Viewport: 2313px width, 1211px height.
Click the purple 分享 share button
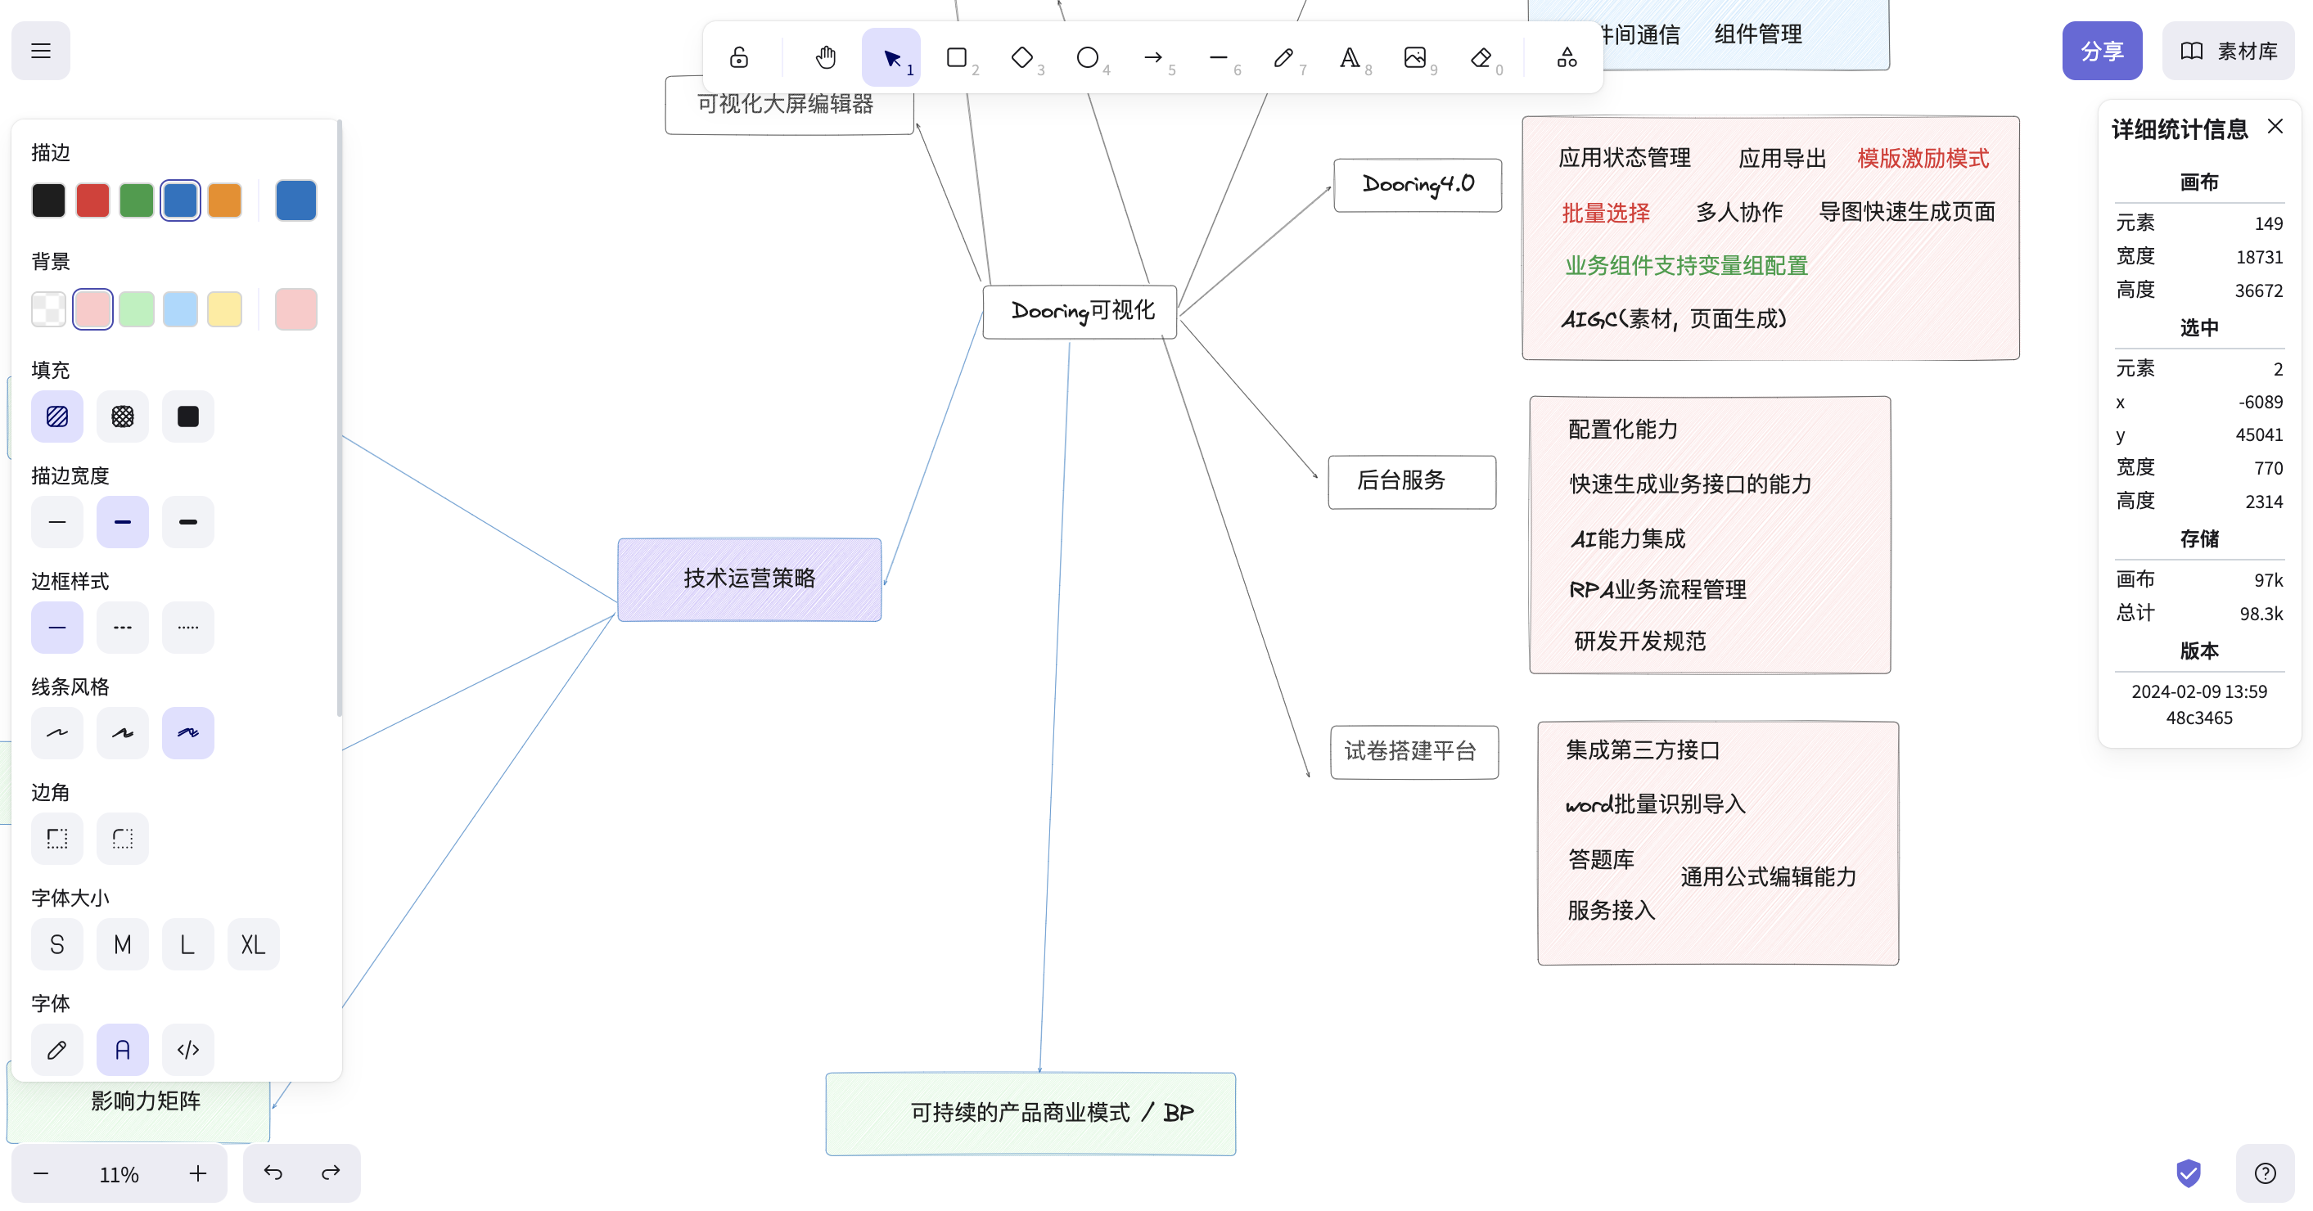(x=2101, y=52)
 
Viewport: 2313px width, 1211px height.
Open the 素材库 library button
(x=2228, y=52)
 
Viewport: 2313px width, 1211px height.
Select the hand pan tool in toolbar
(x=825, y=58)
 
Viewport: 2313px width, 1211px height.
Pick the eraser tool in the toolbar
(x=1481, y=58)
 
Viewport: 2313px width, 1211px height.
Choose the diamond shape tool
(x=1021, y=58)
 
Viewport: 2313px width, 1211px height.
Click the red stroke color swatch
(x=92, y=200)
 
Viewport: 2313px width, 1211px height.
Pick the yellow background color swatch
(x=224, y=310)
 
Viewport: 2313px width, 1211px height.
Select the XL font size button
(x=253, y=944)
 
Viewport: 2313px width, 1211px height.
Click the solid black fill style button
(x=187, y=416)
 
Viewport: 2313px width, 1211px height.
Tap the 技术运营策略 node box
(x=749, y=579)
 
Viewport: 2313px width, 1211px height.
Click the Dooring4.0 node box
(x=1417, y=185)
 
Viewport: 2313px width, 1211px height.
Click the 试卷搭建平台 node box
(x=1413, y=751)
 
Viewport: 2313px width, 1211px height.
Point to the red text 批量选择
(x=1606, y=213)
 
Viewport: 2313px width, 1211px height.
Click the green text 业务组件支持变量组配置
(x=1685, y=266)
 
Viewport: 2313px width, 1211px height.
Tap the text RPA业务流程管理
(x=1657, y=590)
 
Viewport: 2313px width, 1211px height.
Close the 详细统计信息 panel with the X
(x=2275, y=127)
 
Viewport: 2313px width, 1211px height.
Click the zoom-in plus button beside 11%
(x=197, y=1173)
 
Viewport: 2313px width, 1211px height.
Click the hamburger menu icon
(x=40, y=52)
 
